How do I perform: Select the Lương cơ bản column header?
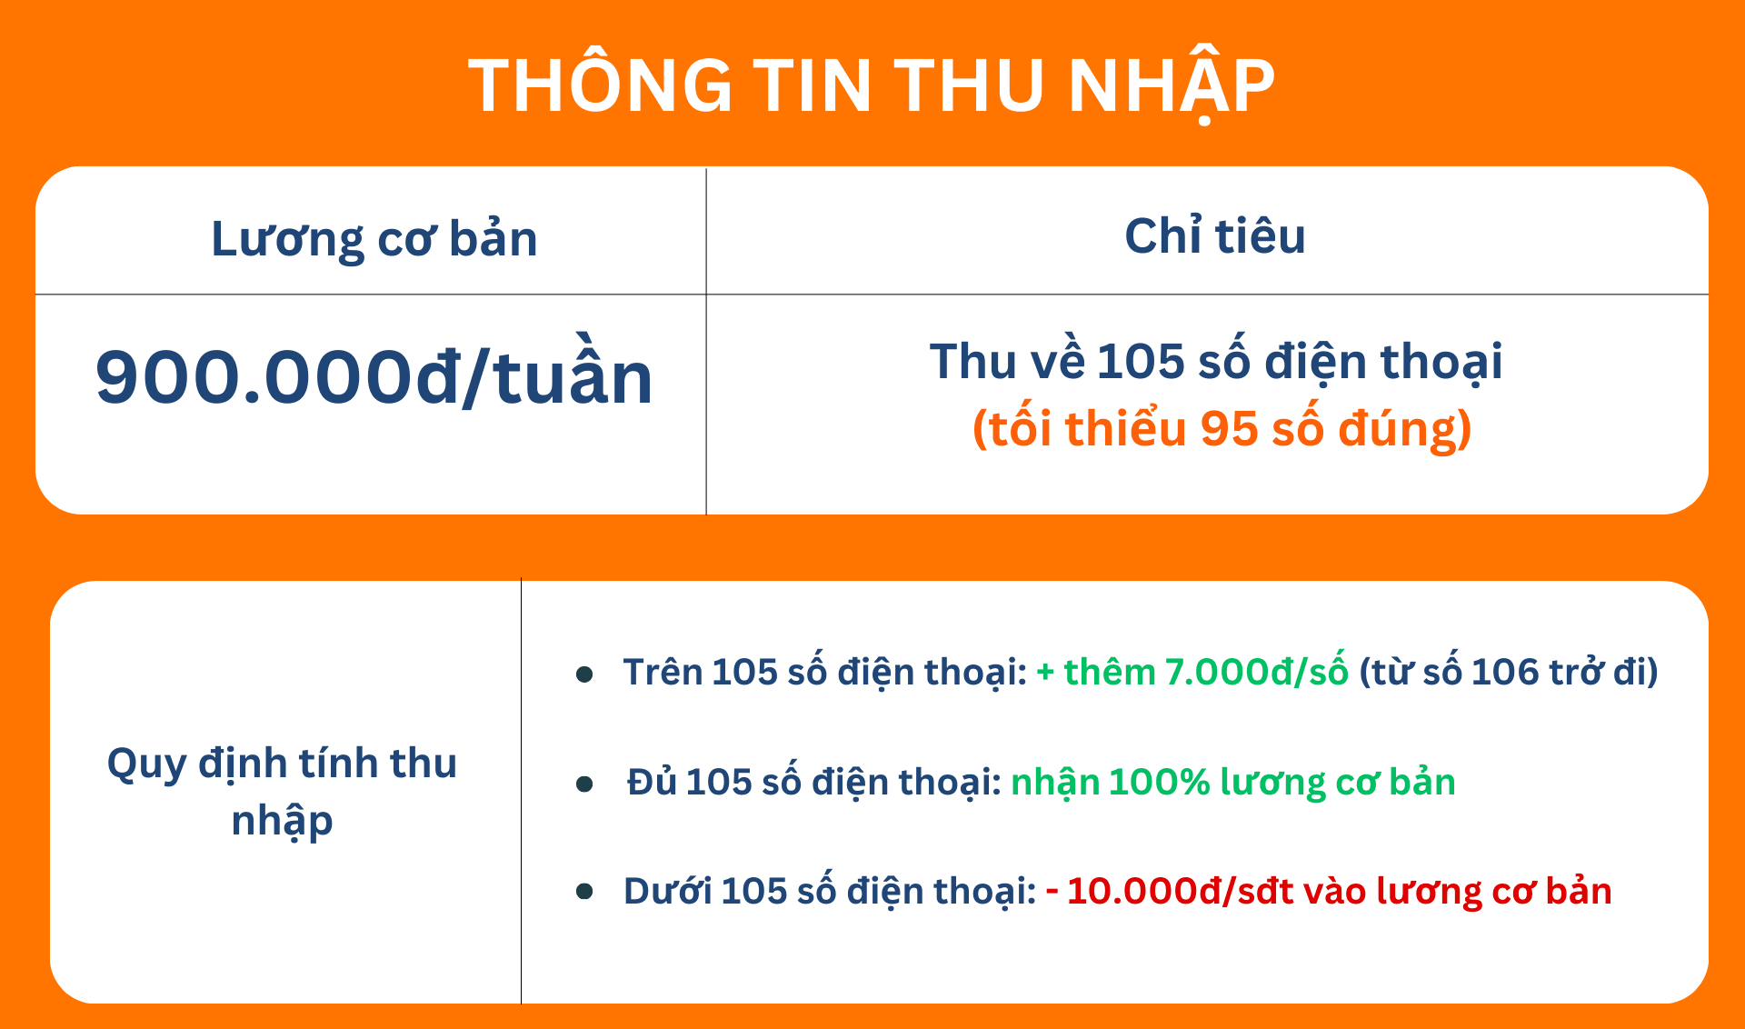(374, 240)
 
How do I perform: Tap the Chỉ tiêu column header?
(1215, 235)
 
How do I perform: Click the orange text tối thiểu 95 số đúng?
(1222, 429)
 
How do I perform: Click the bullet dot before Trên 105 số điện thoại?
(584, 674)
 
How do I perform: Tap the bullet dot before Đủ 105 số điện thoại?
(584, 784)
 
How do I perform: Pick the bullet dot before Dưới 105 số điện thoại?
(584, 892)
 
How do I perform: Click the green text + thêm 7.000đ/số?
(1192, 673)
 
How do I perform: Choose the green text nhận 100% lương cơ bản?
(1233, 783)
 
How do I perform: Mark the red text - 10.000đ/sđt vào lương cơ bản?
(1329, 892)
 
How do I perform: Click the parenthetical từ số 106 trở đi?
(1509, 673)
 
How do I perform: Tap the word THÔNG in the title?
(601, 84)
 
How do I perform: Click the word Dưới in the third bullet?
(667, 891)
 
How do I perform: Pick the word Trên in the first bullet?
(663, 672)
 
